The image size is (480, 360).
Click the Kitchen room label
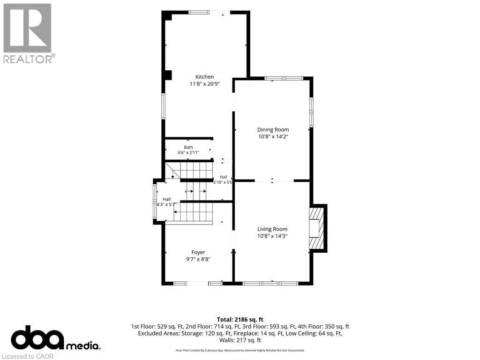[x=204, y=77]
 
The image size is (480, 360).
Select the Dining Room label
[x=273, y=130]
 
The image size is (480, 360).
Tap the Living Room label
[x=272, y=229]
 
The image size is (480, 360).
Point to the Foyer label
[x=198, y=252]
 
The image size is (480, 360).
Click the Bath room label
[x=188, y=147]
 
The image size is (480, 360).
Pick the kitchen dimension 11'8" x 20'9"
[x=204, y=84]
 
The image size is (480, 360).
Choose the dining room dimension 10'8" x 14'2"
[x=273, y=136]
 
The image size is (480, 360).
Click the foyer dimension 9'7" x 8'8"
[x=198, y=259]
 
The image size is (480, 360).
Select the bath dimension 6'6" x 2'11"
[x=188, y=152]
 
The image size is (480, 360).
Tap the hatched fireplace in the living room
[x=316, y=228]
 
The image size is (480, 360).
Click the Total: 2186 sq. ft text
[x=240, y=320]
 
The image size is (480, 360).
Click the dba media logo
[x=56, y=338]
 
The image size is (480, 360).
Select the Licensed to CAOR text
[x=28, y=356]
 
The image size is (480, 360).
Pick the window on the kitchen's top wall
[x=199, y=13]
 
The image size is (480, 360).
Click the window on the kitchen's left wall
[x=164, y=106]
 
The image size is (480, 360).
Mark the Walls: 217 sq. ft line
[x=240, y=340]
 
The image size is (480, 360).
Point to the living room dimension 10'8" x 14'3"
[x=272, y=236]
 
